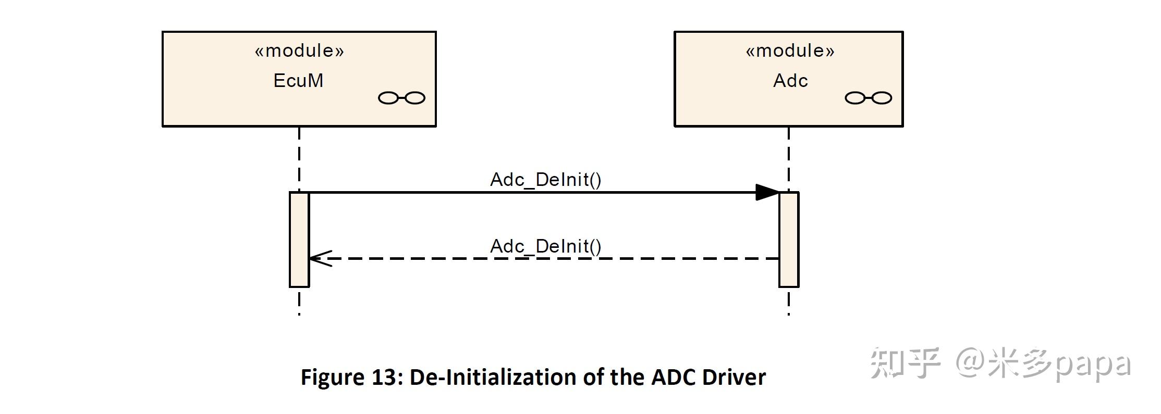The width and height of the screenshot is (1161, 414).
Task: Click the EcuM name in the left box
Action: (298, 81)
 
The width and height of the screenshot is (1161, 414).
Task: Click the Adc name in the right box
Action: (790, 81)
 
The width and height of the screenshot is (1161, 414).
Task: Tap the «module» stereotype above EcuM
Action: (299, 51)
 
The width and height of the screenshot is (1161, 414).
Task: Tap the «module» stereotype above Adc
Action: (790, 51)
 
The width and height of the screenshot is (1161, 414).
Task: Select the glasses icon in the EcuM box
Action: (401, 98)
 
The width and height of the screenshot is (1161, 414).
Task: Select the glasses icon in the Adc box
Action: (868, 98)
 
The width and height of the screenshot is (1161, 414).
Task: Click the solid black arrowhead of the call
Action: (767, 192)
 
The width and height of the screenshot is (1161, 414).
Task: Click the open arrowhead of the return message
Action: (319, 258)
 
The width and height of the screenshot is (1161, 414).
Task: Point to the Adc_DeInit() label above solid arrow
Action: (545, 180)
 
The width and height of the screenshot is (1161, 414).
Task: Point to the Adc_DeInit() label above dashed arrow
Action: (545, 246)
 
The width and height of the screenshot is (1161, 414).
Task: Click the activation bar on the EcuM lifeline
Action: (299, 240)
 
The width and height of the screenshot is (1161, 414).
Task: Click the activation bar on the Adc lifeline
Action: (789, 240)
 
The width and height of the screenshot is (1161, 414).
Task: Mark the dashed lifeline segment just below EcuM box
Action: (299, 156)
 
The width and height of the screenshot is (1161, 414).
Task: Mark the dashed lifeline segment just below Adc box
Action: (789, 156)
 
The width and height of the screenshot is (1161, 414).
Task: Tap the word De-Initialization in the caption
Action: (493, 377)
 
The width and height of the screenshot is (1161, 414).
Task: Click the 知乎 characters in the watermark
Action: (905, 363)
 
